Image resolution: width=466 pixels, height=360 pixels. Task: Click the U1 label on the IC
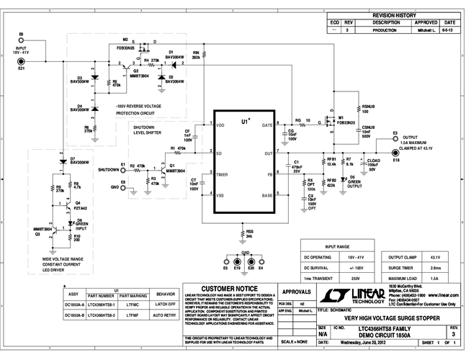pyautogui.click(x=246, y=122)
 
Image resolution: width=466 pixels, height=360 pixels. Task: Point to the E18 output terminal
pyautogui.click(x=395, y=152)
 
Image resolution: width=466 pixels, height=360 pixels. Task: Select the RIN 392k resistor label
pyautogui.click(x=195, y=54)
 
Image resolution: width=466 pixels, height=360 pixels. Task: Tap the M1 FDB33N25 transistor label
pyautogui.click(x=346, y=120)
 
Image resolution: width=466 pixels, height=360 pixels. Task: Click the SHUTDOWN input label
pyautogui.click(x=109, y=170)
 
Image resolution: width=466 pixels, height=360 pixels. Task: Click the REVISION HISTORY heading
pyautogui.click(x=394, y=14)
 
